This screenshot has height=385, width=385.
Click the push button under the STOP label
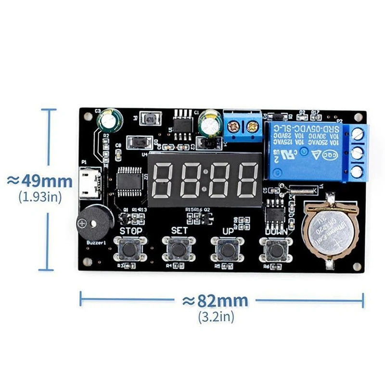click(x=129, y=248)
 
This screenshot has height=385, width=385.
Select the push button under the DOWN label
click(x=276, y=249)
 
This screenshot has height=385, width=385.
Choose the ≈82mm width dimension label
click(x=215, y=301)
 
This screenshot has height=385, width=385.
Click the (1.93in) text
click(x=40, y=196)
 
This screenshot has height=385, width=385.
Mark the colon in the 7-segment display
click(x=205, y=179)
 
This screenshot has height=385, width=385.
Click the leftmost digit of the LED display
click(x=164, y=179)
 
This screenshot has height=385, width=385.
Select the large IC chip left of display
click(x=130, y=180)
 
